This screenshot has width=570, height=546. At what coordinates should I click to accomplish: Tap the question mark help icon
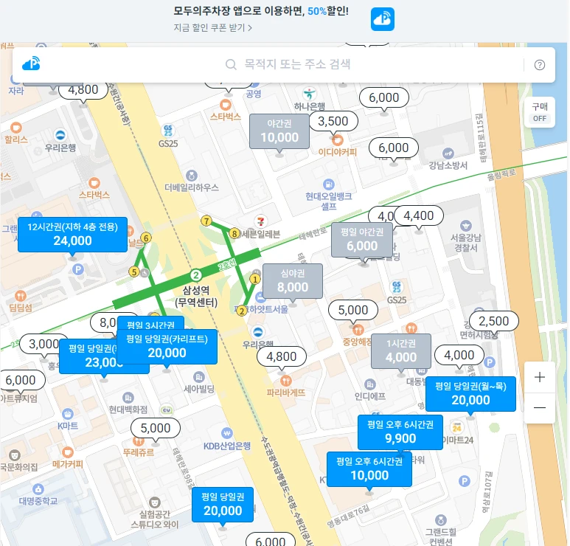click(x=540, y=65)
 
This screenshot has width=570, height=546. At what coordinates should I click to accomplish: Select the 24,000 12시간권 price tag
click(x=72, y=234)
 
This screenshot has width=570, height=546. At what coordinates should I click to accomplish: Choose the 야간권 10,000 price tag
click(x=279, y=131)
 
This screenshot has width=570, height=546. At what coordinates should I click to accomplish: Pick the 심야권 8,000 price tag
click(x=293, y=281)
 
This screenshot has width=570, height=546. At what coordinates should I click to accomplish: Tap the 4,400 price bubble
click(x=419, y=215)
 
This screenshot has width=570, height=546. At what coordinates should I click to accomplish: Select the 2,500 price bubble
click(x=494, y=321)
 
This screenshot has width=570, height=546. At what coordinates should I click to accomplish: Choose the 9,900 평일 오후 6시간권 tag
click(x=400, y=432)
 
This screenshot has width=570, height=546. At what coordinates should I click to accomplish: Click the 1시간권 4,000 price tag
click(x=400, y=351)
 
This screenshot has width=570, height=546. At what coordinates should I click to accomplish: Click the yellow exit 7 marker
click(x=206, y=221)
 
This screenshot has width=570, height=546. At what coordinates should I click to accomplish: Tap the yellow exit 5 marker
click(x=134, y=272)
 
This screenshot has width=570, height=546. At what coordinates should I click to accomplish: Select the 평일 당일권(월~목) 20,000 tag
click(x=470, y=393)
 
